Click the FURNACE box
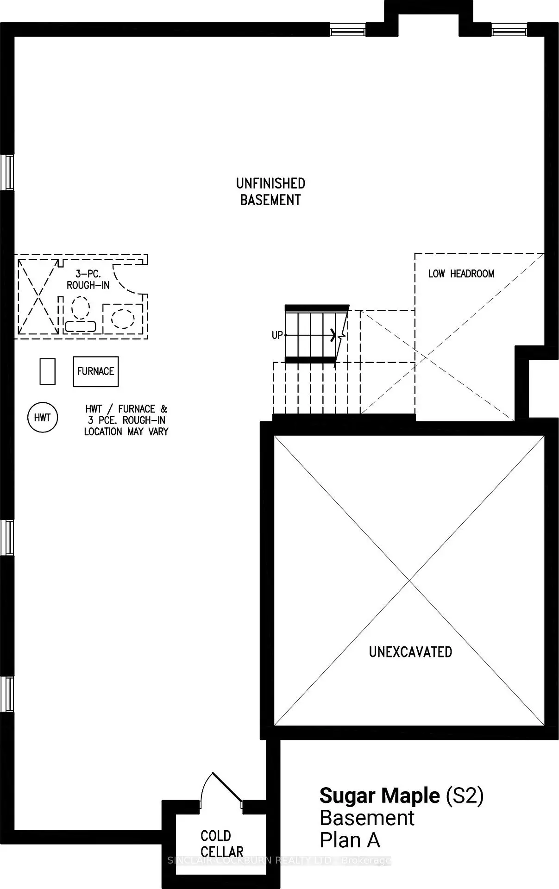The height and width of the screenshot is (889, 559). [x=96, y=371]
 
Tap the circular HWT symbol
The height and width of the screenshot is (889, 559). [x=43, y=418]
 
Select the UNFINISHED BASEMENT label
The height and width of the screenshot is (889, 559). [x=270, y=192]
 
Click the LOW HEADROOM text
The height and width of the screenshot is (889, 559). [x=461, y=274]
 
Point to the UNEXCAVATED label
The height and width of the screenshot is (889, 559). [x=410, y=652]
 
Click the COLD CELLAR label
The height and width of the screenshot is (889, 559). [x=222, y=844]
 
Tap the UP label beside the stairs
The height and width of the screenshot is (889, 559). [x=277, y=335]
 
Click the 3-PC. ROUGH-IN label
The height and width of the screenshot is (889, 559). [x=88, y=280]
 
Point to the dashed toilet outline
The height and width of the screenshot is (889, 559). [x=81, y=314]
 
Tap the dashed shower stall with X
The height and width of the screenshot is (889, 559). [x=38, y=296]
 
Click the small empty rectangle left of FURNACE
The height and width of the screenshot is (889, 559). [x=48, y=371]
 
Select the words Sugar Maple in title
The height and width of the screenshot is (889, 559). [x=380, y=795]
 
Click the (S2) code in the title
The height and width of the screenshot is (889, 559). [x=465, y=795]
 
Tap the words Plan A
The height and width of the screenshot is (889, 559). [x=350, y=840]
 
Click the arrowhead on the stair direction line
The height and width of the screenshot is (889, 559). [x=333, y=335]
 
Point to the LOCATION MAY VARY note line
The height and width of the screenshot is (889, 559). [x=126, y=432]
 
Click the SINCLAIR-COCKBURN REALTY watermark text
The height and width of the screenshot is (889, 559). [x=279, y=860]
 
